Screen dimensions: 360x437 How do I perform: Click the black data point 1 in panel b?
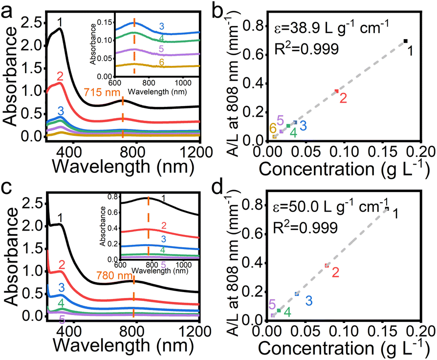click(405, 41)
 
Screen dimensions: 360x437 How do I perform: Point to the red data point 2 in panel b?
click(336, 91)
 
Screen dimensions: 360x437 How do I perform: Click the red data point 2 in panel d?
click(327, 266)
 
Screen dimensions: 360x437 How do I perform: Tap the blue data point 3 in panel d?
click(297, 294)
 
